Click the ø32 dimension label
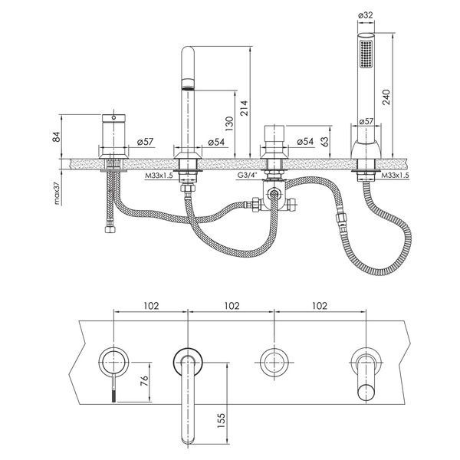pos(366,15)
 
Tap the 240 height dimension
pos(386,97)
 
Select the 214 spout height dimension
pos(244,108)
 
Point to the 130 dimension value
pos(229,123)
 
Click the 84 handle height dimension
pos(56,136)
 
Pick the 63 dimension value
pos(324,141)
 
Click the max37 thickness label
pos(57,192)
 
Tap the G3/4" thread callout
pos(247,176)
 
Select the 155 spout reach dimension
pos(221,420)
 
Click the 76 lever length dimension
pos(144,380)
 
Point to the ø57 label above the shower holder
pos(366,121)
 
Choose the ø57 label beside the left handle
pos(145,142)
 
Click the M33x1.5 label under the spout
pos(159,176)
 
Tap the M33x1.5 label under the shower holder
pos(395,176)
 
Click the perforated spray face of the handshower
pos(366,54)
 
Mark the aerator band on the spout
pos(188,84)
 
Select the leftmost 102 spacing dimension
pos(151,306)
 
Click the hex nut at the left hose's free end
pos(110,229)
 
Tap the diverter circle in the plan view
pos(274,363)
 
